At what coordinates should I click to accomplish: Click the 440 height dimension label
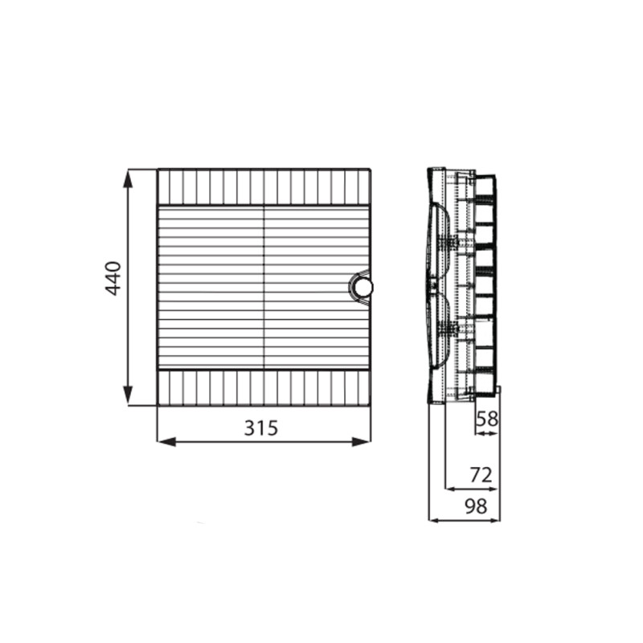tap(113, 278)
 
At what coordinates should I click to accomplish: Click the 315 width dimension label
tap(261, 428)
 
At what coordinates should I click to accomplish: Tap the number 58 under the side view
tap(487, 419)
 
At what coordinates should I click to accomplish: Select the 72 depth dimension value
tap(481, 475)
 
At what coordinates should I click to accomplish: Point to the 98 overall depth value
tap(476, 506)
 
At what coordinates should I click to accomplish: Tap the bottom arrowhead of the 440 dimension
tap(129, 395)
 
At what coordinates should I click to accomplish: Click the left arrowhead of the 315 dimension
tap(167, 441)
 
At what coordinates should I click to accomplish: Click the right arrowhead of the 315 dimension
tap(361, 441)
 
